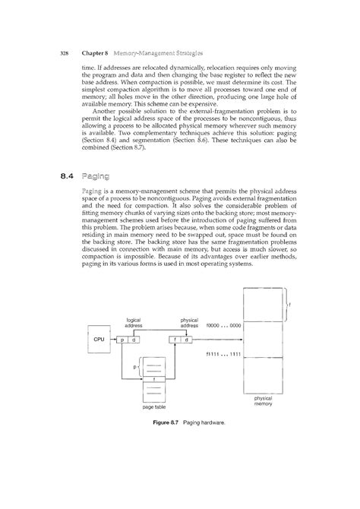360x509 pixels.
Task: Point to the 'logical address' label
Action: [x=133, y=323]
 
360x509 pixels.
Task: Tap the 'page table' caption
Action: [x=154, y=408]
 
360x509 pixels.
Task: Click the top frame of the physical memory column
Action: [x=261, y=305]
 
